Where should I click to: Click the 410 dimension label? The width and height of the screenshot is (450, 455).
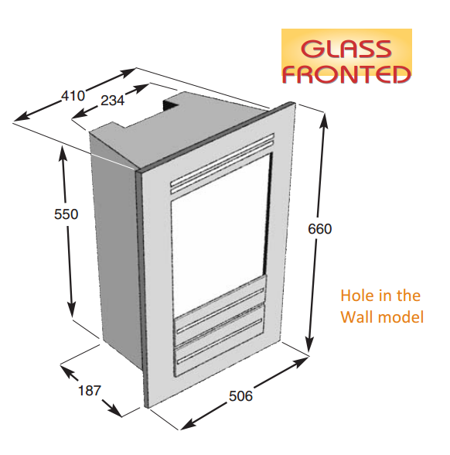[x=73, y=96]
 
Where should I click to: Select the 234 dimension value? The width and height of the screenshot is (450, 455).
[x=113, y=101]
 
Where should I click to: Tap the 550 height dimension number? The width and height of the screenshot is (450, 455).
[x=66, y=214]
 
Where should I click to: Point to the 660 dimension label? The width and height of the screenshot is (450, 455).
[x=319, y=229]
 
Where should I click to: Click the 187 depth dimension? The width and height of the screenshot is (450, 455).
[x=90, y=391]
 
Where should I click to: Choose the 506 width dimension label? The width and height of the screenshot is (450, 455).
[x=240, y=396]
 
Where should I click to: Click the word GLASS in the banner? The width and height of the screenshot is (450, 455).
[x=346, y=48]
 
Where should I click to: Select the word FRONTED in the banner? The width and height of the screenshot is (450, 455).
[x=346, y=74]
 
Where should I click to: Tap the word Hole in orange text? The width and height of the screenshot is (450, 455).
[x=355, y=296]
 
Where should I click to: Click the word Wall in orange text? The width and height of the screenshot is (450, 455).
[x=355, y=317]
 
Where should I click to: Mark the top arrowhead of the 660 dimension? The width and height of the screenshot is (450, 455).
[x=325, y=119]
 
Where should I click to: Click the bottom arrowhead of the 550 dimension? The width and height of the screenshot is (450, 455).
[x=71, y=310]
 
